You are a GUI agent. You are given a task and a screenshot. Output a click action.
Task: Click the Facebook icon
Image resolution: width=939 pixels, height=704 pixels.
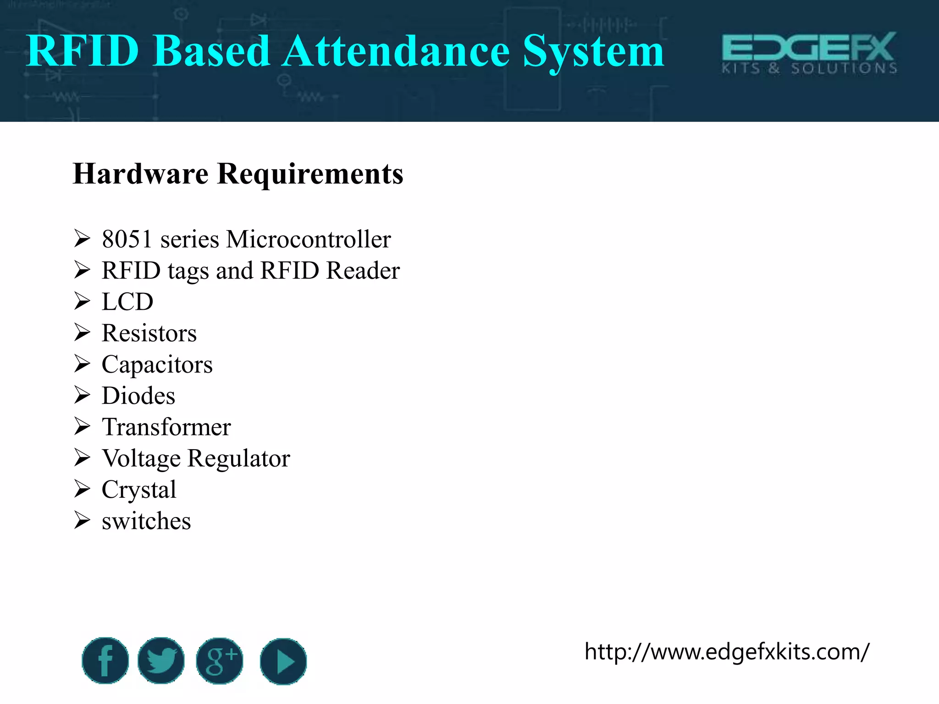click(x=105, y=660)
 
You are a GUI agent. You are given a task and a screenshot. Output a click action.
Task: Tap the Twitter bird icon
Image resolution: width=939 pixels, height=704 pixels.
click(x=161, y=660)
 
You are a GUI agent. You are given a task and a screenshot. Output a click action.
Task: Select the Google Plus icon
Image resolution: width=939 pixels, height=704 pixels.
click(x=220, y=660)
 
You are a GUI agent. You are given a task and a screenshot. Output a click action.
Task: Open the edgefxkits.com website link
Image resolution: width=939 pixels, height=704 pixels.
click(x=727, y=651)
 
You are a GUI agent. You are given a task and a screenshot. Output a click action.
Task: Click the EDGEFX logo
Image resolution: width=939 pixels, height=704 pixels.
click(x=809, y=52)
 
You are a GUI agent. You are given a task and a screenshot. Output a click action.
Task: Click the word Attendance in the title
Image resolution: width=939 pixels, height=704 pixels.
click(x=396, y=51)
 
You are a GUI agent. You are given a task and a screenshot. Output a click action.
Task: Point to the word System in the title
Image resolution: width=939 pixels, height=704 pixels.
click(x=593, y=51)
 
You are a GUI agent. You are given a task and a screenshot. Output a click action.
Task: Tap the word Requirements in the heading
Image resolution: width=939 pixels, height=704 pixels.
click(x=310, y=174)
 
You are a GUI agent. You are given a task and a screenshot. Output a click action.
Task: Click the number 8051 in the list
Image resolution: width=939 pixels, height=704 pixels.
click(x=127, y=239)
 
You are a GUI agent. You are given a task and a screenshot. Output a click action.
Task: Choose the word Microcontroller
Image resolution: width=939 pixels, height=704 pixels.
click(x=308, y=239)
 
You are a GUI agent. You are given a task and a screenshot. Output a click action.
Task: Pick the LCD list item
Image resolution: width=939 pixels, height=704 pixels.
click(x=127, y=302)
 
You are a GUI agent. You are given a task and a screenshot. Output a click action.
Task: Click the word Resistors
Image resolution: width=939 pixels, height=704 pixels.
click(x=149, y=333)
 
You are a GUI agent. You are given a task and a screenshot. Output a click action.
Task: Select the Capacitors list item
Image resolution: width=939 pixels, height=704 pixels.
click(x=157, y=364)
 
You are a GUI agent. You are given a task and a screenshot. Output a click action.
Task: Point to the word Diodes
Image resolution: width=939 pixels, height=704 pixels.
click(x=138, y=396)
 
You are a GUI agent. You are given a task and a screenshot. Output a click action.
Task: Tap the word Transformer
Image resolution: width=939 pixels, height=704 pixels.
click(x=166, y=427)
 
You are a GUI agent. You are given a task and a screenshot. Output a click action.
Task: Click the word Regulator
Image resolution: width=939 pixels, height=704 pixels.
click(x=239, y=458)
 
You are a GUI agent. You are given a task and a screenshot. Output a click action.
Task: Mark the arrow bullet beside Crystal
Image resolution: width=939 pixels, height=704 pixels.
click(x=82, y=489)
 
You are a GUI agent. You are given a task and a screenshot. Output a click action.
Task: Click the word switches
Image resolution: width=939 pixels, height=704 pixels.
click(x=146, y=521)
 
